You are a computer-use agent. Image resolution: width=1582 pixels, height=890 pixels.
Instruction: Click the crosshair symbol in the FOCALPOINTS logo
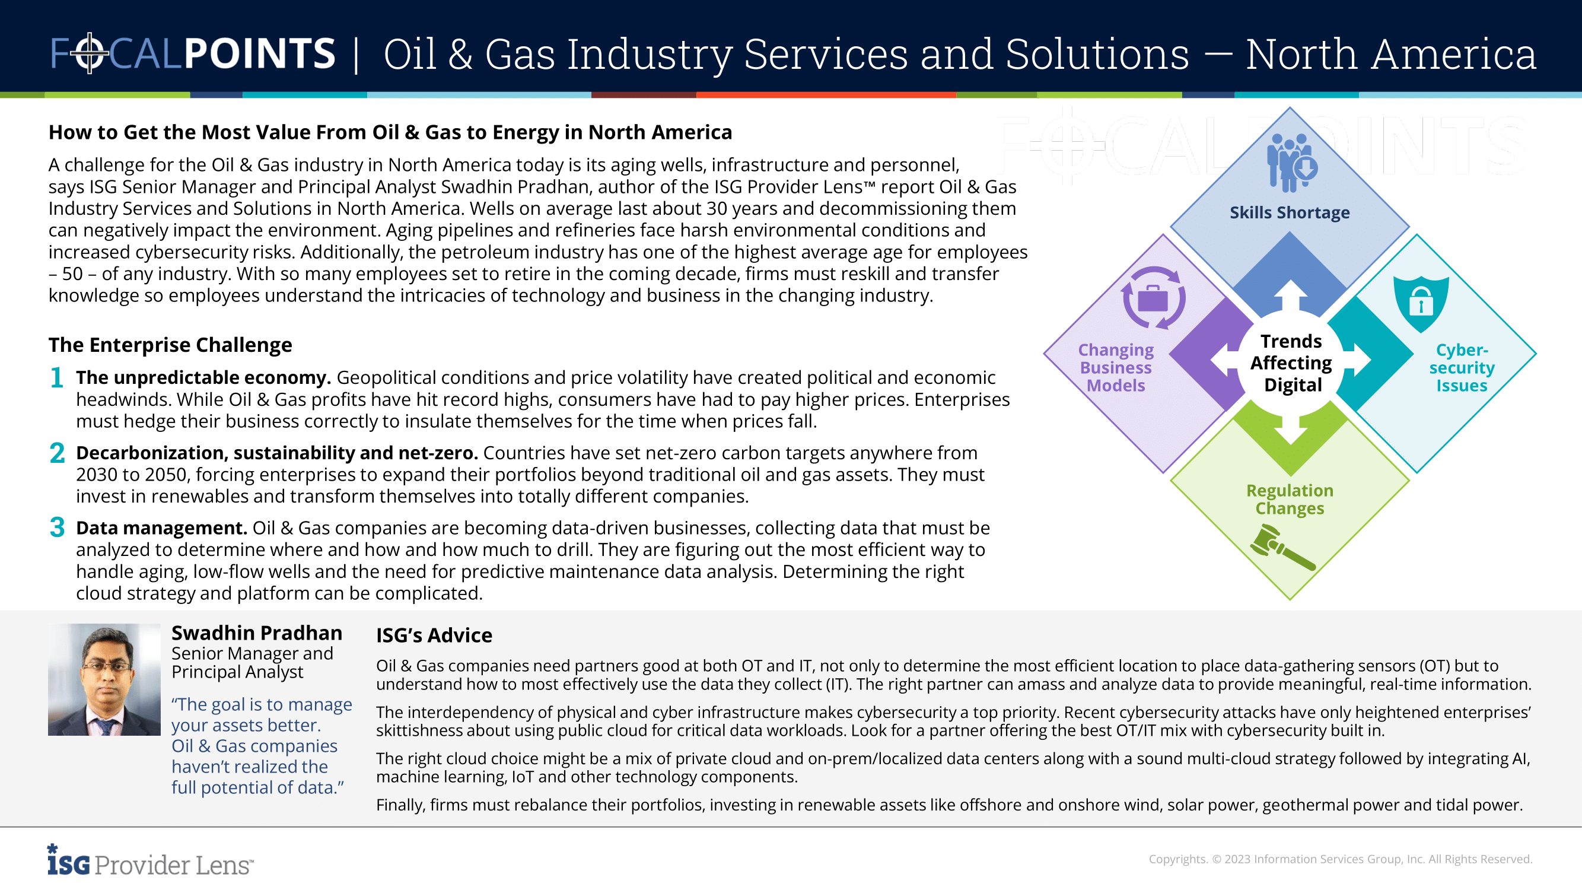point(90,53)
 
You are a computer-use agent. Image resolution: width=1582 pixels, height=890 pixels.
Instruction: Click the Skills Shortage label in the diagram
point(1289,212)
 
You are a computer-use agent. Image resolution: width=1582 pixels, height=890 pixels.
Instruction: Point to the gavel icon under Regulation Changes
point(1282,546)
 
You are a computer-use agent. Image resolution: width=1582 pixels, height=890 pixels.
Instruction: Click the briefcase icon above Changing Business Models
point(1153,298)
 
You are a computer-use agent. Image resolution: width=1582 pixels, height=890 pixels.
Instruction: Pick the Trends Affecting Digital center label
point(1291,363)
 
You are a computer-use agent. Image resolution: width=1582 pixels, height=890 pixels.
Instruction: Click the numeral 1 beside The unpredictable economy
point(57,377)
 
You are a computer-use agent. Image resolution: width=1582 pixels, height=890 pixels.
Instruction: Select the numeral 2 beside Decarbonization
point(57,453)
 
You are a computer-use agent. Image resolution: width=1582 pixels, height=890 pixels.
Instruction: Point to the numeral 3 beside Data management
point(57,527)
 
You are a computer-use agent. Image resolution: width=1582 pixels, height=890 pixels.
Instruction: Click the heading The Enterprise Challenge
point(170,345)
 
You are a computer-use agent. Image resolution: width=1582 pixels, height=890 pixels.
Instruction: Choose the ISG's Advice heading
point(434,635)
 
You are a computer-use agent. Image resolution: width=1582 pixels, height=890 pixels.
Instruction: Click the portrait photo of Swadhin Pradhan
point(104,679)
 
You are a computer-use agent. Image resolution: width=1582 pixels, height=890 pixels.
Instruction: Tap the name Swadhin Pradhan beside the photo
point(257,632)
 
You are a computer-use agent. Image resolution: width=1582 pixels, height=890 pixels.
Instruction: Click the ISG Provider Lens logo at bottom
point(150,861)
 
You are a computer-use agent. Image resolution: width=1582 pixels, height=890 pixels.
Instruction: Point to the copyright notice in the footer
point(1340,859)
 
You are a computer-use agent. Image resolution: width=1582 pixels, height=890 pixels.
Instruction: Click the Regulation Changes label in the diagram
point(1289,500)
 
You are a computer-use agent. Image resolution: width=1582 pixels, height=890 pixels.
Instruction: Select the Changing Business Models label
point(1115,367)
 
